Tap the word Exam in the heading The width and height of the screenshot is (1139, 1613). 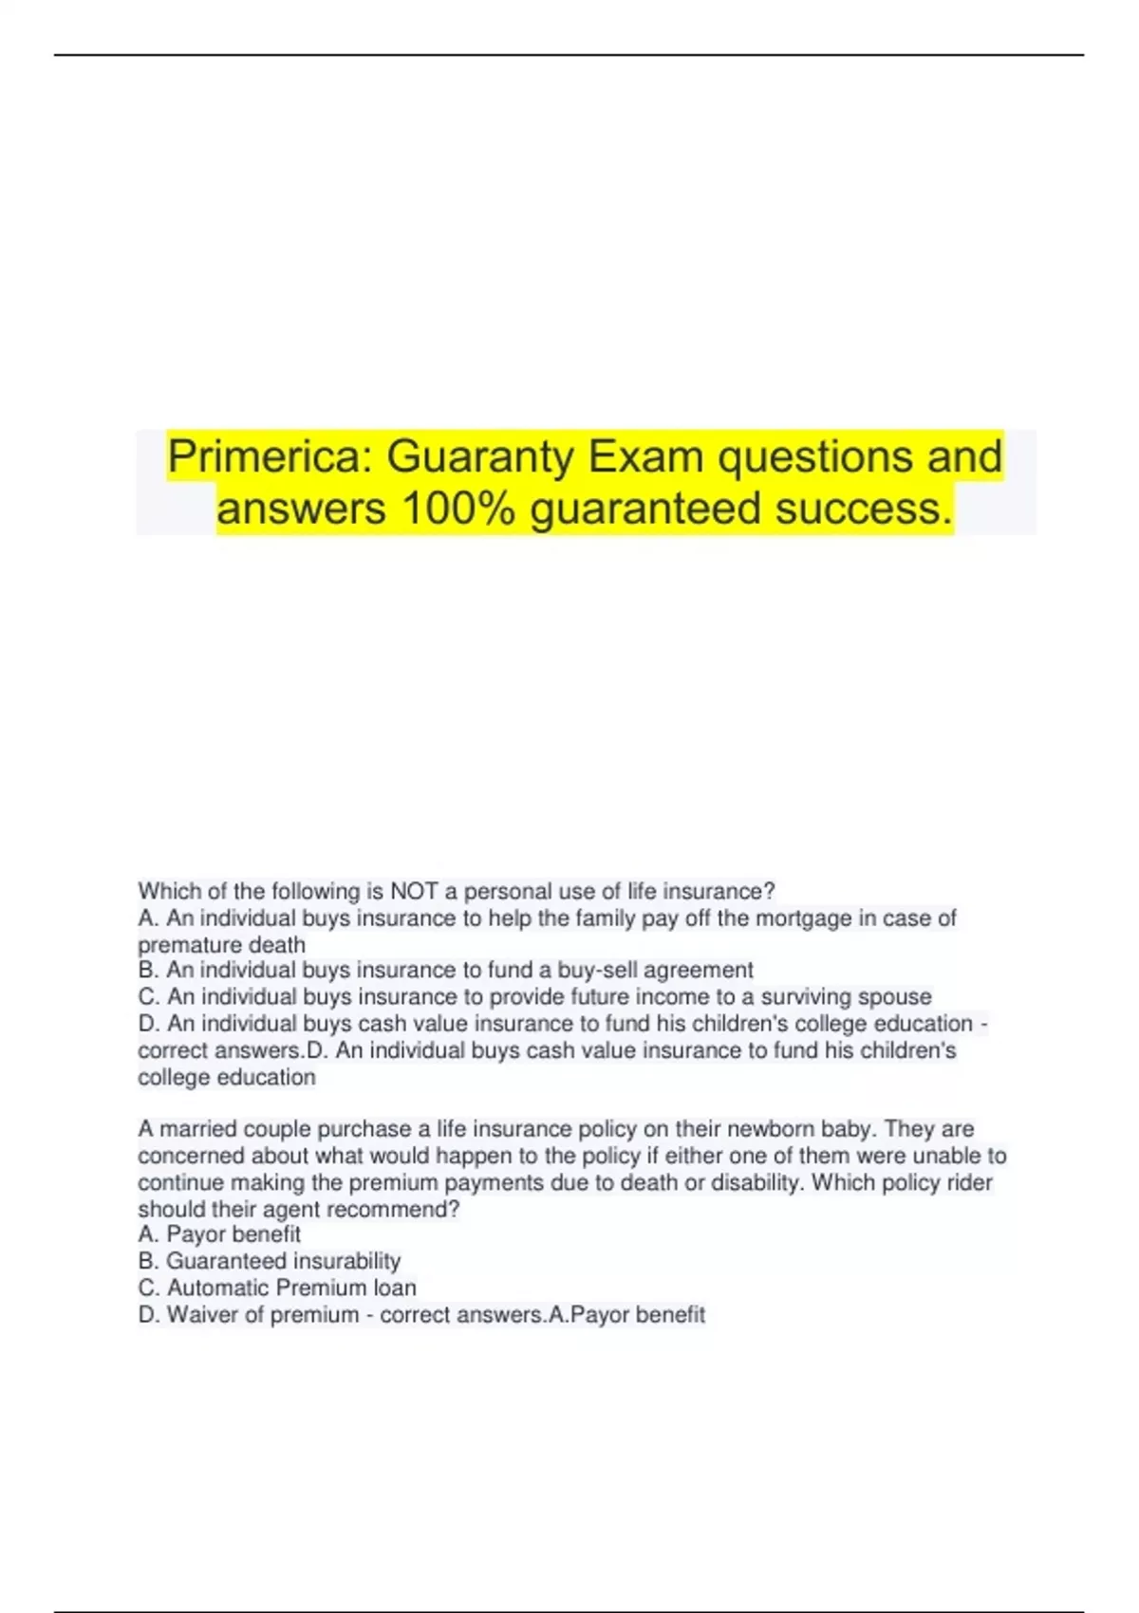pyautogui.click(x=646, y=456)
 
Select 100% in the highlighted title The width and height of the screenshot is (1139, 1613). pyautogui.click(x=458, y=508)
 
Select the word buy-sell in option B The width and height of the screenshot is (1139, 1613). pyautogui.click(x=588, y=970)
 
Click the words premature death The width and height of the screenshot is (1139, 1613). pyautogui.click(x=221, y=945)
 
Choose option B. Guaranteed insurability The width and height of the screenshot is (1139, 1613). pyautogui.click(x=270, y=1261)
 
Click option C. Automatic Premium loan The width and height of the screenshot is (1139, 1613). pyautogui.click(x=277, y=1288)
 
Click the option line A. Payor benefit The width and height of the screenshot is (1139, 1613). pyautogui.click(x=219, y=1234)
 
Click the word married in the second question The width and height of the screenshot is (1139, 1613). pyautogui.click(x=196, y=1128)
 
